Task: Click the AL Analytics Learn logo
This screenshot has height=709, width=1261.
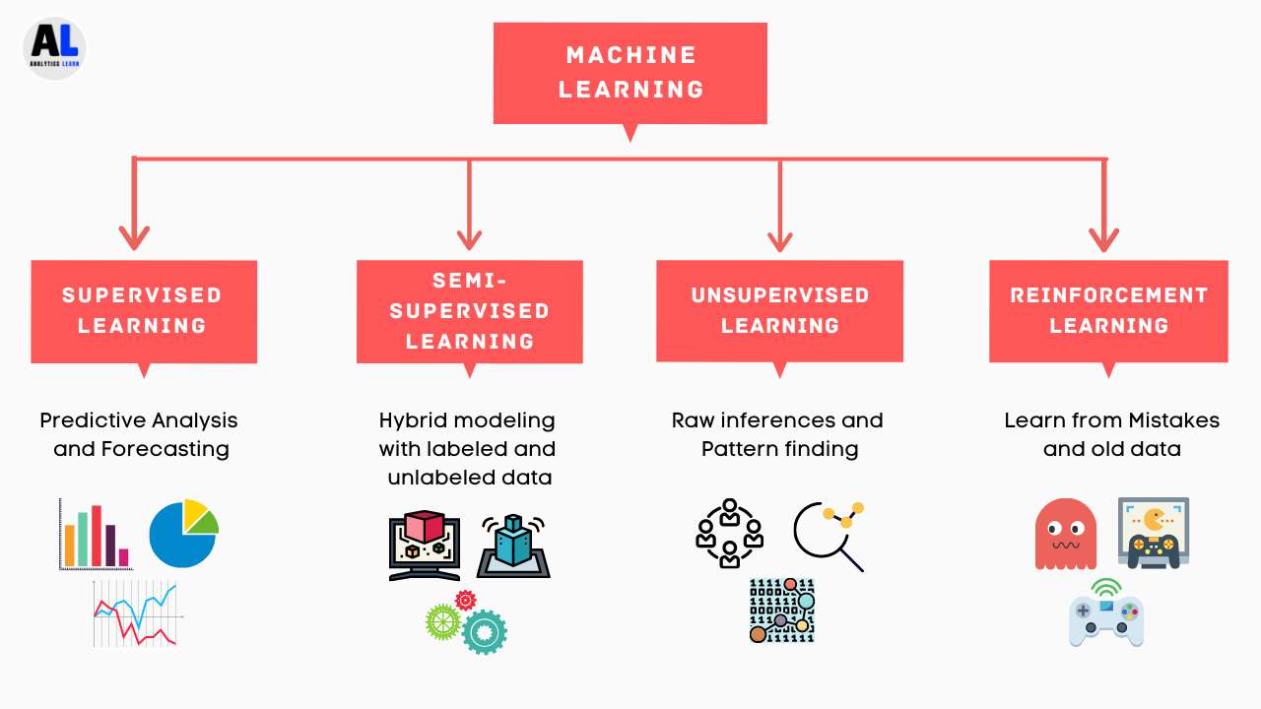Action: (55, 47)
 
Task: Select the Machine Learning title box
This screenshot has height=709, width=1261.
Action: (630, 73)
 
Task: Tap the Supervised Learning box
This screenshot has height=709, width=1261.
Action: (144, 310)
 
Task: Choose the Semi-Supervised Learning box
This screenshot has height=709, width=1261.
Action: (470, 311)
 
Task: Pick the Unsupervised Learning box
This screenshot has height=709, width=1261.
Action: (779, 310)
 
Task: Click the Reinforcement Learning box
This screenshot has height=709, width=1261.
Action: (1108, 310)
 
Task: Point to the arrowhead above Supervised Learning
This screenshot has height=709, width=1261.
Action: (134, 237)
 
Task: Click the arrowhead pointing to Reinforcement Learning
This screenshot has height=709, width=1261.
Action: (1103, 237)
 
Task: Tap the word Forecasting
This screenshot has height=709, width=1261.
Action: (166, 449)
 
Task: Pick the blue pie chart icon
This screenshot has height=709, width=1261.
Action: (183, 534)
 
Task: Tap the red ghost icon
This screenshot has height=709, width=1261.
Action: (1066, 534)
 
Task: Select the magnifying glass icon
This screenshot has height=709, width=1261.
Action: (828, 535)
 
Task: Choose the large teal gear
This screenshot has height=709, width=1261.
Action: (484, 632)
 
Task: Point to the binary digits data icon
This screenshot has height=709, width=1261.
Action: (782, 611)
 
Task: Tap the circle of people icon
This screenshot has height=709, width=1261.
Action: (729, 533)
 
